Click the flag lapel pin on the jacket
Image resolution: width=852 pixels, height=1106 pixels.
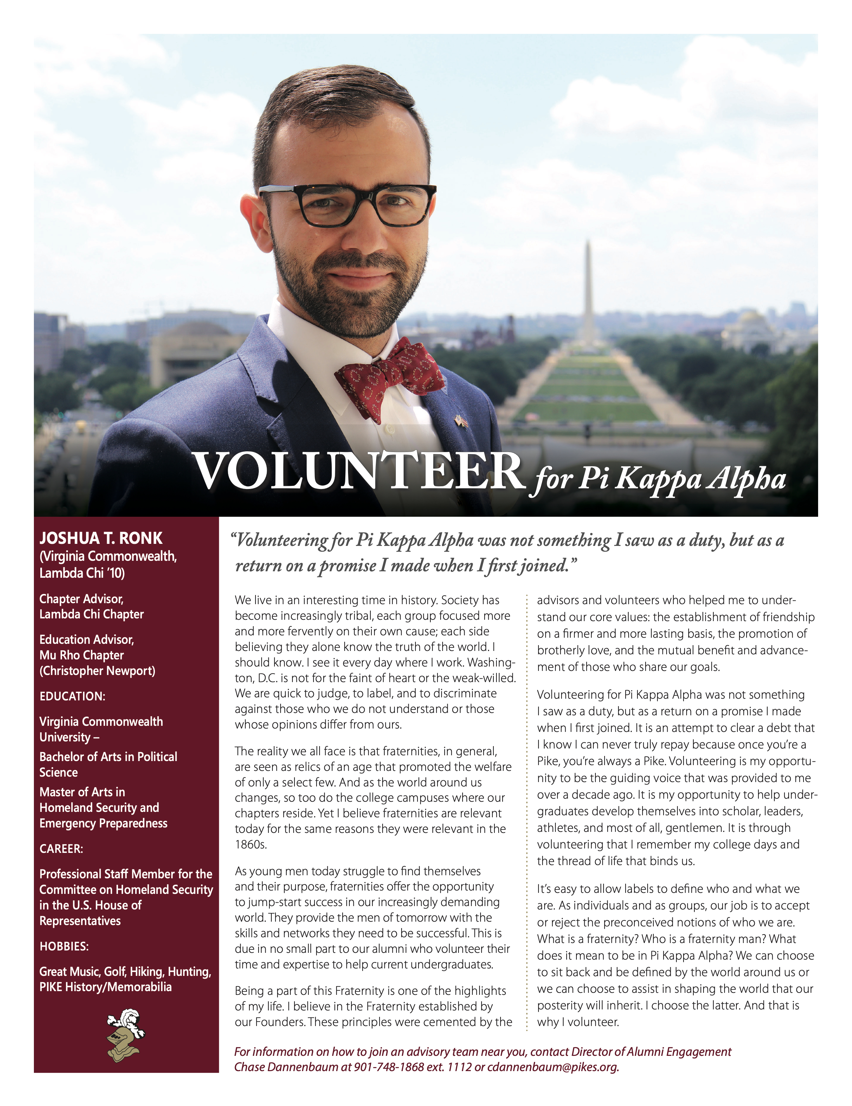point(461,420)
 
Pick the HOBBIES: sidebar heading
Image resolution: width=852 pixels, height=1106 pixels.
point(64,946)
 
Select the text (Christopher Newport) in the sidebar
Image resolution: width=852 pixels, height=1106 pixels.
point(97,671)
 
